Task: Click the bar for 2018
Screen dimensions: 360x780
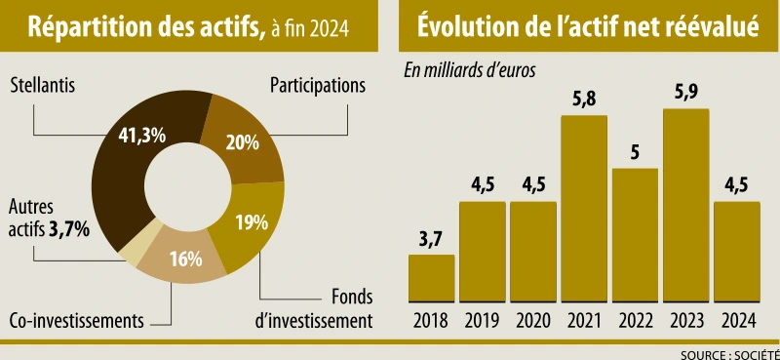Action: (x=431, y=278)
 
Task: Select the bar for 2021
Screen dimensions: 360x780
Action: (x=584, y=209)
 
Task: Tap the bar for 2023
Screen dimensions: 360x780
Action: (x=685, y=205)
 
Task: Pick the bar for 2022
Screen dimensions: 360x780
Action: (x=635, y=235)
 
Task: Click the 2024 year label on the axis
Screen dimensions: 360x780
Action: (x=736, y=319)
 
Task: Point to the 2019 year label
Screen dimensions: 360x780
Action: (x=482, y=319)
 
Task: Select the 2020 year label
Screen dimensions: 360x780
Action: (x=532, y=319)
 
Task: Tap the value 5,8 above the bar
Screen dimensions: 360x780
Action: (x=584, y=100)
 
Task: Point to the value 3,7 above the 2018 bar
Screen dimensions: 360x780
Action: (x=431, y=239)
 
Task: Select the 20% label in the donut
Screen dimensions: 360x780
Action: (x=242, y=142)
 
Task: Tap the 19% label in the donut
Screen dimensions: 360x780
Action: (x=251, y=221)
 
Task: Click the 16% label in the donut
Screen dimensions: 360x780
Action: (x=184, y=259)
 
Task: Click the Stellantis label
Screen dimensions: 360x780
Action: (x=43, y=85)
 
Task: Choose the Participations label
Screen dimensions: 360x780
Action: (x=317, y=85)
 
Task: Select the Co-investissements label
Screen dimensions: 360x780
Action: (x=77, y=320)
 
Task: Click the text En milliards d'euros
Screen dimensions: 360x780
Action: (x=470, y=69)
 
